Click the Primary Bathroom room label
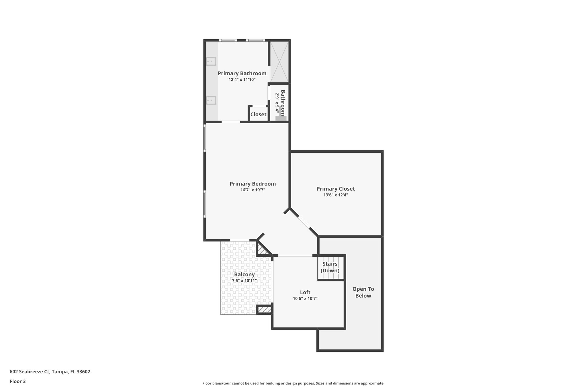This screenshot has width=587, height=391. [242, 73]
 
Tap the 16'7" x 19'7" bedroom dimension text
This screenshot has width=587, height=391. [253, 190]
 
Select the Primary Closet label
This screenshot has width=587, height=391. [335, 189]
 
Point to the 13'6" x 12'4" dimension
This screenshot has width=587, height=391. [335, 195]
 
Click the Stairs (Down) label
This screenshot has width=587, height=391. [330, 267]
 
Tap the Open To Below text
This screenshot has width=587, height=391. [363, 292]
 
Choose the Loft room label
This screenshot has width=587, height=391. [305, 292]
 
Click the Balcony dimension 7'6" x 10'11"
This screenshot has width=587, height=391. [244, 281]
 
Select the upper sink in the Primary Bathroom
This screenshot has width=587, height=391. [212, 61]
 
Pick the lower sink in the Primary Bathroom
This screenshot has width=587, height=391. [212, 100]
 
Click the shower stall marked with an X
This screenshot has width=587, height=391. [279, 62]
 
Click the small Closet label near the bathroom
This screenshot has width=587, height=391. [258, 115]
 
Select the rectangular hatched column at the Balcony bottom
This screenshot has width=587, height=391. [264, 310]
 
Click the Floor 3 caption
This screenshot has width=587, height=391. [18, 382]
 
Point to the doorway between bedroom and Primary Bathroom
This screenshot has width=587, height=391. [231, 122]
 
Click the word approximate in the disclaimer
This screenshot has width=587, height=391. [372, 383]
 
